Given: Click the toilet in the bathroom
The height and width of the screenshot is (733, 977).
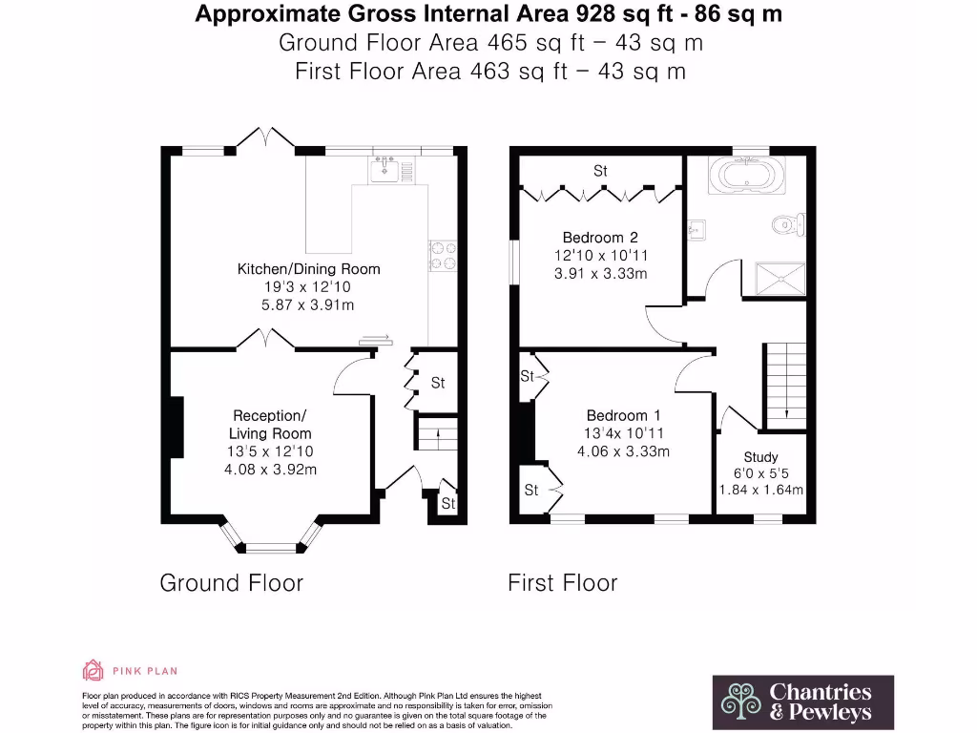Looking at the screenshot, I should click(x=788, y=225).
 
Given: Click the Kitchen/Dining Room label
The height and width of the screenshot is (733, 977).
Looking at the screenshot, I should click(x=308, y=269).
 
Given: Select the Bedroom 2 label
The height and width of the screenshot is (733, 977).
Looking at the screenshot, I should click(x=599, y=238).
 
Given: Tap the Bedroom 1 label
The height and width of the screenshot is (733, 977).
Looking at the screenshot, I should click(x=623, y=415).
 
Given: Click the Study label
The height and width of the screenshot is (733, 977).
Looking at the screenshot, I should click(x=760, y=457).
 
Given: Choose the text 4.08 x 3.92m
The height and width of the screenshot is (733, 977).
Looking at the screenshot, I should click(x=270, y=470).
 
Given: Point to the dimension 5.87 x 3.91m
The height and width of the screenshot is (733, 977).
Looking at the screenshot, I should click(x=308, y=305).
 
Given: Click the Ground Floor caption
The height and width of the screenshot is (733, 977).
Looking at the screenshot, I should click(x=231, y=582).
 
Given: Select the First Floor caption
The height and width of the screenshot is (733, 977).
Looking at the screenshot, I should click(x=562, y=582).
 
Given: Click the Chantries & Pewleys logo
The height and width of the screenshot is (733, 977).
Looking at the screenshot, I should click(x=803, y=702).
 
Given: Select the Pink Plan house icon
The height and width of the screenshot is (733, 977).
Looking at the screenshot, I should click(x=93, y=671).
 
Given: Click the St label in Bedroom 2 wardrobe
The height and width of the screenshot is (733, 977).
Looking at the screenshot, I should click(x=600, y=171).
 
